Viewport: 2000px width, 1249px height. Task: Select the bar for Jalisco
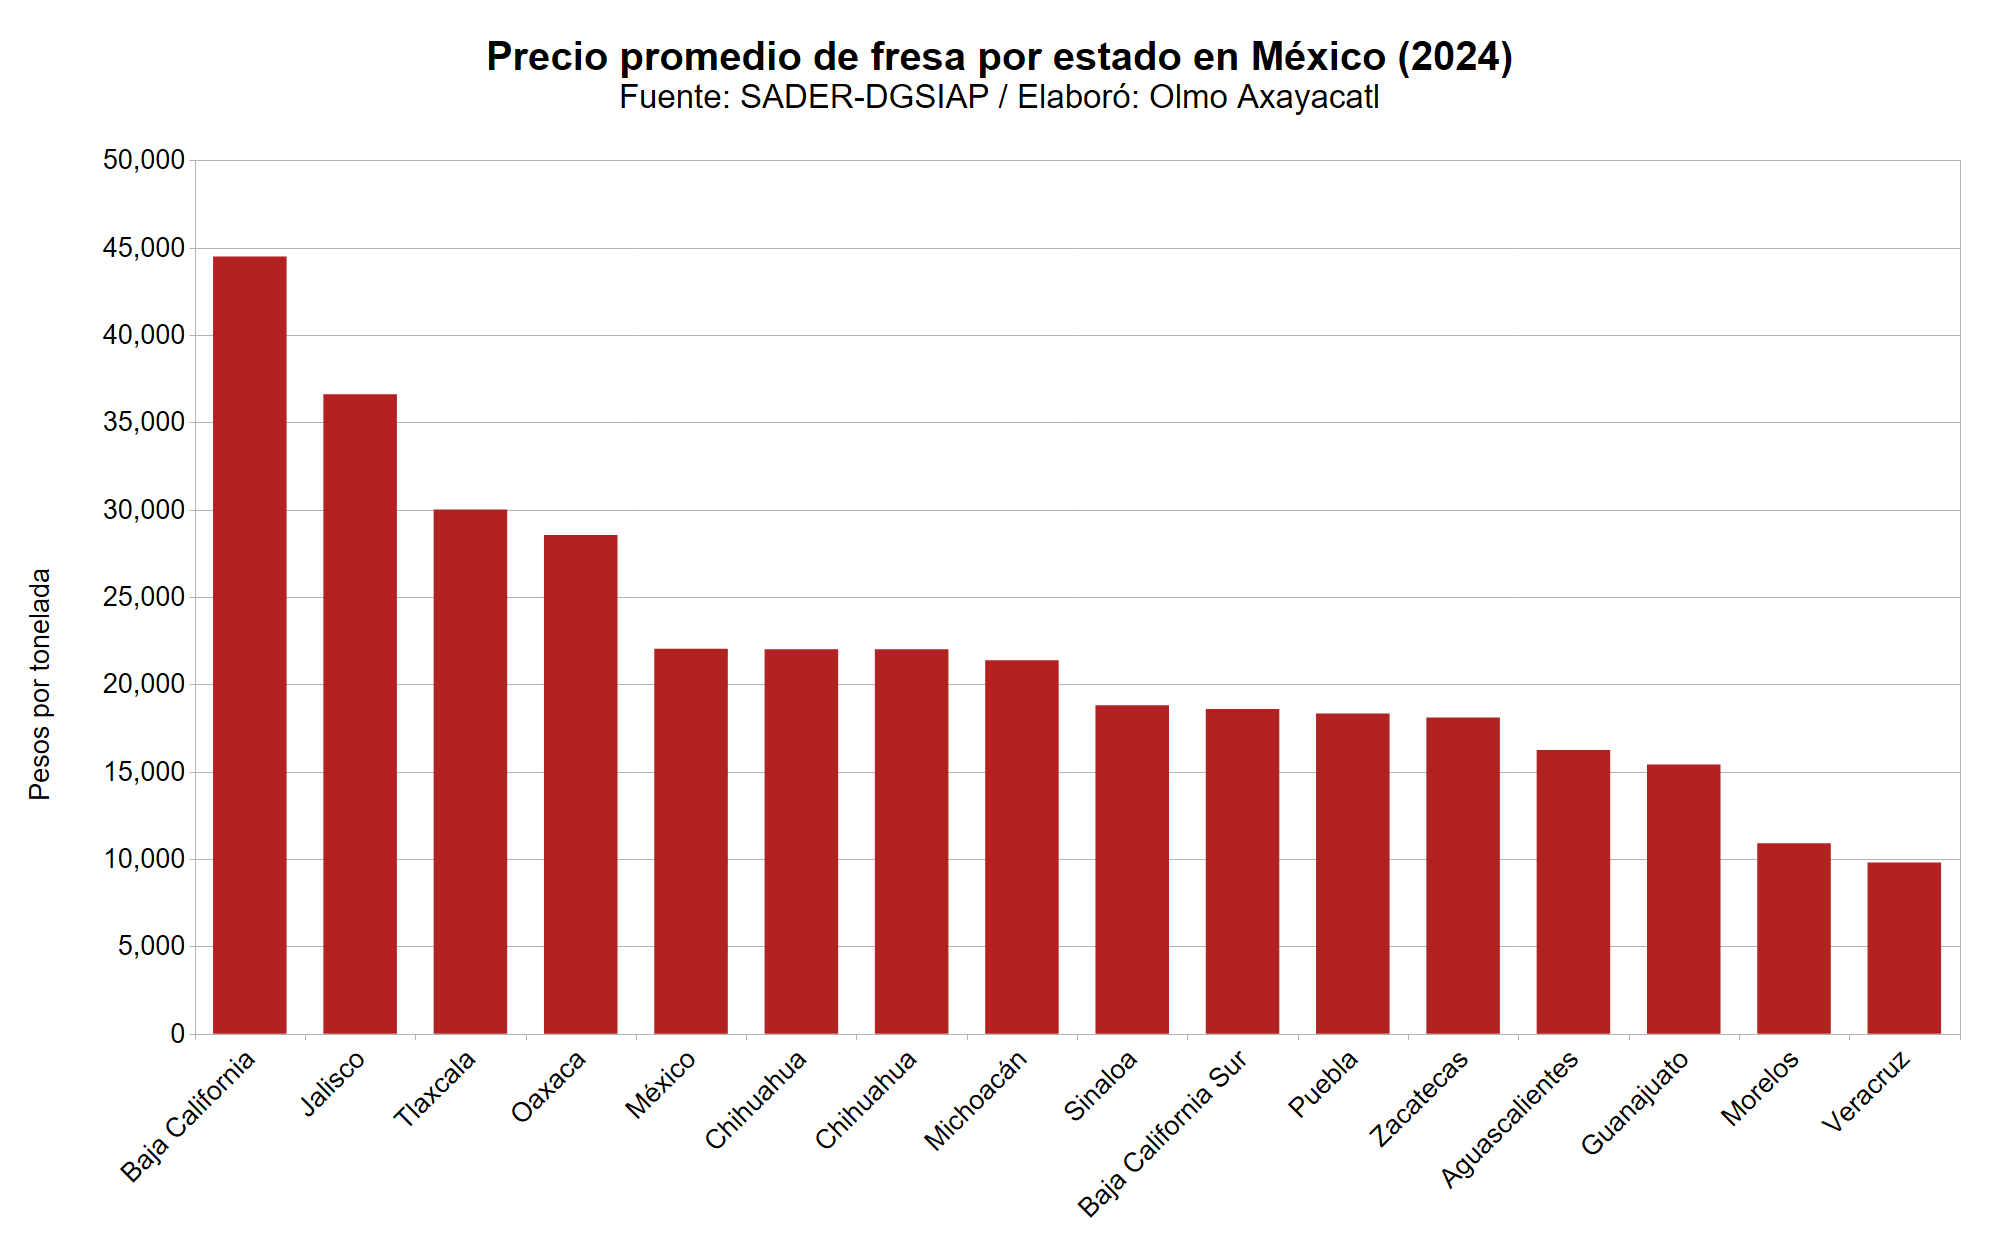(360, 714)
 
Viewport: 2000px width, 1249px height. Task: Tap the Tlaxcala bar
(470, 771)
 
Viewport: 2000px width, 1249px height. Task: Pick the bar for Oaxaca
(580, 784)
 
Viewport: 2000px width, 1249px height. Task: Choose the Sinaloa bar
(1132, 869)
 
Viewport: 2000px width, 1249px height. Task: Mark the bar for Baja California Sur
(1242, 871)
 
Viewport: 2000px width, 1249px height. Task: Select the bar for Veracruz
(1904, 947)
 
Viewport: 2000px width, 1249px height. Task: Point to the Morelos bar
(1793, 938)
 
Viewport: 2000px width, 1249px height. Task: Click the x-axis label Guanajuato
(1636, 1102)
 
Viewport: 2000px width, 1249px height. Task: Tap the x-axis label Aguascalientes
(1510, 1118)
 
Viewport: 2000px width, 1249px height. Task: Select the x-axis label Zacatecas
(1420, 1097)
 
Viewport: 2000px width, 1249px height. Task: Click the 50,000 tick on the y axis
(144, 160)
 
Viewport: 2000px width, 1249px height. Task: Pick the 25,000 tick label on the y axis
(144, 597)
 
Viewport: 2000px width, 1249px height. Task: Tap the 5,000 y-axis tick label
(151, 946)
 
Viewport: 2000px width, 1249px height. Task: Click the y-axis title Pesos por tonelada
(39, 684)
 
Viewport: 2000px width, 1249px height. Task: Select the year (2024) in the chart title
(1455, 57)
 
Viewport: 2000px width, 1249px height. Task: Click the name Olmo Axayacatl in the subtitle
(1264, 97)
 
